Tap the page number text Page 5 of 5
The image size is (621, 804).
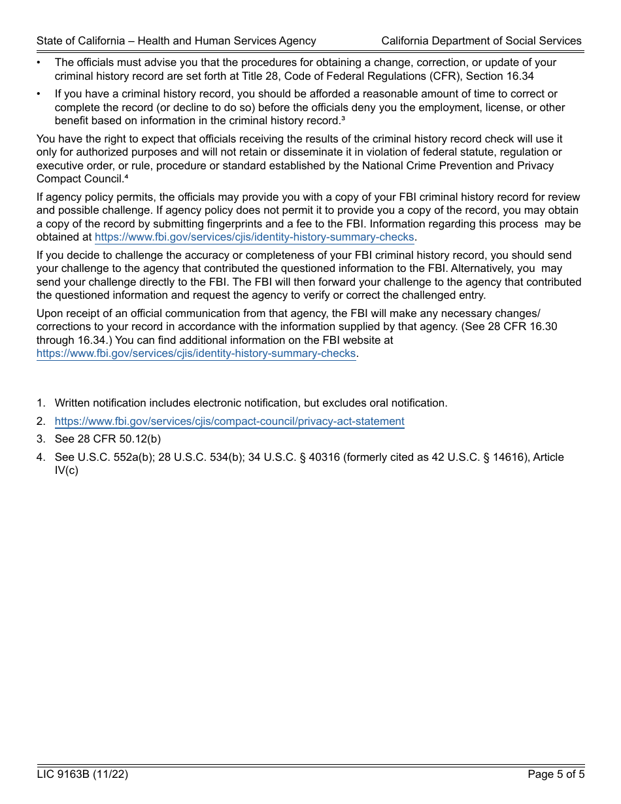[x=556, y=775]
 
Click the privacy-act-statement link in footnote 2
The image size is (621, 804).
[x=229, y=422]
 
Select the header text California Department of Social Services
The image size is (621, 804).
[x=481, y=41]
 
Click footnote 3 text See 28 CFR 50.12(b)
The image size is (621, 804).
[x=108, y=439]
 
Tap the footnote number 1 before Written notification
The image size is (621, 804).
[x=41, y=403]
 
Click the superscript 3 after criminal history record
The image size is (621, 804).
[x=343, y=118]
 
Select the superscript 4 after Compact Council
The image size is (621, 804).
[x=127, y=176]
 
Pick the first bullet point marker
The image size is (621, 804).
[x=39, y=63]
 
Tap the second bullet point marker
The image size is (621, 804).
[x=39, y=94]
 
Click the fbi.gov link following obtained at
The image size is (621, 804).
[x=254, y=237]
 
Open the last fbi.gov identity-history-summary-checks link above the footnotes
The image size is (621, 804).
[x=196, y=354]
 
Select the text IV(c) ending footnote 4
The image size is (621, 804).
[x=67, y=471]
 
